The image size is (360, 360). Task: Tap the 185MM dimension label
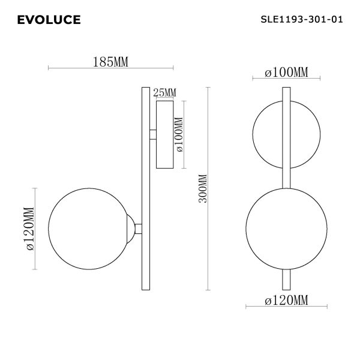point(111,62)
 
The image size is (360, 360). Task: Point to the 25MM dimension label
point(164,92)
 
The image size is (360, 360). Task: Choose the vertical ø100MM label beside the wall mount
point(178,136)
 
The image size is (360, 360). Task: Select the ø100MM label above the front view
point(286,73)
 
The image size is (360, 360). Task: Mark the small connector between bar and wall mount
point(152,134)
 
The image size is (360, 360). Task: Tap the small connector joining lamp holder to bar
point(139,228)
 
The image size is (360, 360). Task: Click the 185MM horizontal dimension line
point(111,68)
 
